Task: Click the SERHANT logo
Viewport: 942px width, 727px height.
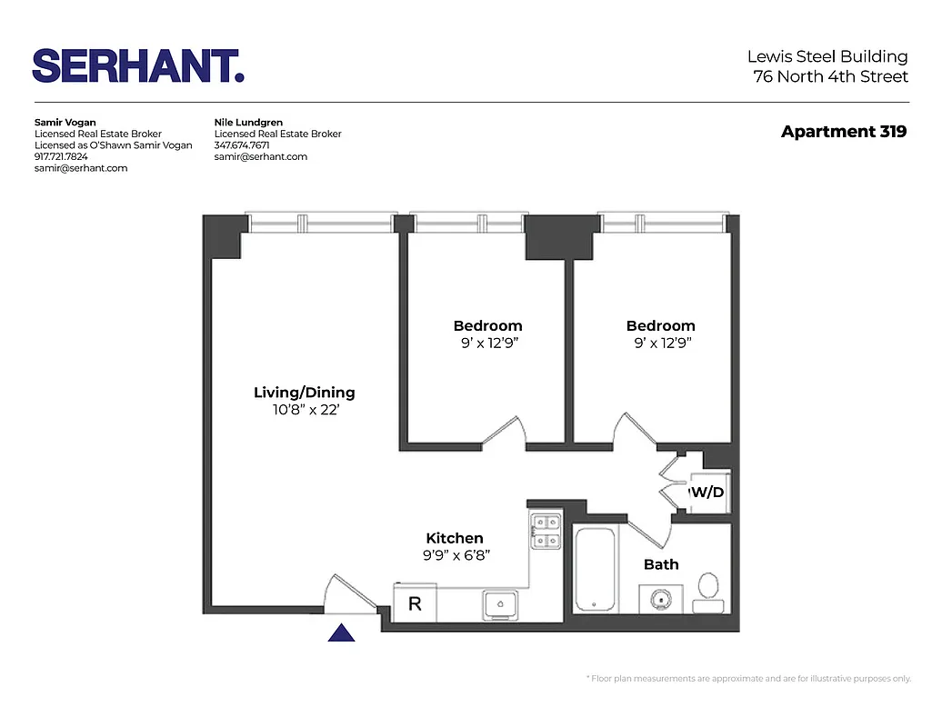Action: tap(138, 66)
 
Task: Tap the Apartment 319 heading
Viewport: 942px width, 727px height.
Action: tap(843, 132)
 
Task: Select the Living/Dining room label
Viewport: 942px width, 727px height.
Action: tap(304, 393)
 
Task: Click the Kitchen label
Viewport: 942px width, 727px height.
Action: tap(455, 538)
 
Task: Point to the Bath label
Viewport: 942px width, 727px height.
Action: tap(661, 564)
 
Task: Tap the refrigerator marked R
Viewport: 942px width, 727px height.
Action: tap(415, 603)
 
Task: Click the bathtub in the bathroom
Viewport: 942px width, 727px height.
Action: tap(596, 570)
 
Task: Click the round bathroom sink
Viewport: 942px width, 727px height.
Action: tap(660, 598)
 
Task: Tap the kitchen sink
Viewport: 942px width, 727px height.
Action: tap(500, 603)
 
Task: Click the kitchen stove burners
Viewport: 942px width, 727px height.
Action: tap(546, 532)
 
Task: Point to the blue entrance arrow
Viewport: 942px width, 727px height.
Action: tap(341, 632)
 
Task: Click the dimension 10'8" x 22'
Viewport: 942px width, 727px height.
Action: tap(304, 410)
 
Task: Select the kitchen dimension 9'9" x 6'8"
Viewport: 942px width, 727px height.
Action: tap(455, 555)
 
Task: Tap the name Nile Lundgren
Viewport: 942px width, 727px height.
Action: tap(248, 122)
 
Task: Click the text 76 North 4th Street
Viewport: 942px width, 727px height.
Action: tap(830, 76)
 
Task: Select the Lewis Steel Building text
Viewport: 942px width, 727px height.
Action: tap(827, 57)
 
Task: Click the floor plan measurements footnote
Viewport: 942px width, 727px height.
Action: tap(748, 679)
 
